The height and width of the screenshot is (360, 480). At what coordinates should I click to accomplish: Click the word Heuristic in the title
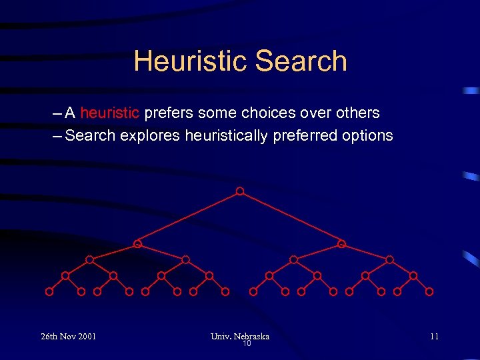coord(191,61)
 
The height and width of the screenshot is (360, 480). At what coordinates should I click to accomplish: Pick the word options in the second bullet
coord(367,136)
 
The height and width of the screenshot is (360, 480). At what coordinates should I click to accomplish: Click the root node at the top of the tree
coord(240,191)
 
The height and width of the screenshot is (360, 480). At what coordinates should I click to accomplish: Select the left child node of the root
coord(137,244)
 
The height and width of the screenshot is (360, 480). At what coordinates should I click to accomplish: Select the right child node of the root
coord(341,244)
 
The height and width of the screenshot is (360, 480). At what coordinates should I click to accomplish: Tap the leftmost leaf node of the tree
coord(49,291)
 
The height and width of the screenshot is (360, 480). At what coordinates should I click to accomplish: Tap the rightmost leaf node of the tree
coord(429,291)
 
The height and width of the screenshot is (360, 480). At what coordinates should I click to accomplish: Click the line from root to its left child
coord(189,218)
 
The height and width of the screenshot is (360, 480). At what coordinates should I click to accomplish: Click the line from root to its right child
coord(291,218)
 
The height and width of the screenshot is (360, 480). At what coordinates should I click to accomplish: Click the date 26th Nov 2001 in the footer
coord(68,336)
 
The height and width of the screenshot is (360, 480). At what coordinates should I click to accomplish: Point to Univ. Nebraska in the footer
coord(240,336)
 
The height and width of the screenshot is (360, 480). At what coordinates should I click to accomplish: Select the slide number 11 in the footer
coord(434,336)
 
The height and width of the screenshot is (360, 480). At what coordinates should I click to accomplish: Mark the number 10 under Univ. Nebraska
coord(246,344)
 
